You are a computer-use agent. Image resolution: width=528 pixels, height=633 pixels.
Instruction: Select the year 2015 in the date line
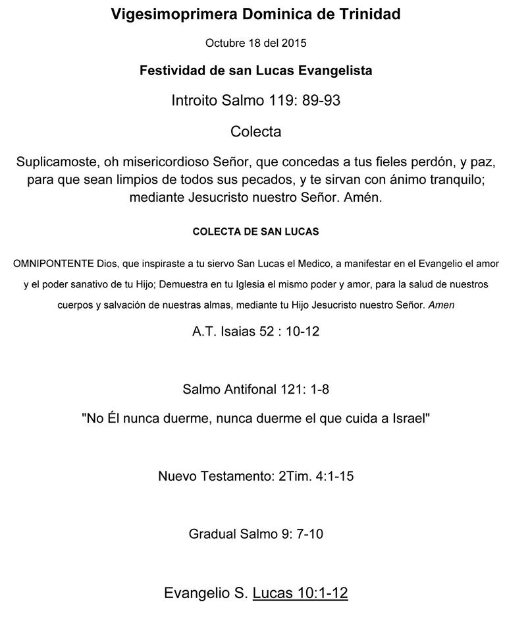point(294,44)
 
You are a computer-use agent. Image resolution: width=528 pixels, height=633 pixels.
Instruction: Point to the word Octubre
point(224,44)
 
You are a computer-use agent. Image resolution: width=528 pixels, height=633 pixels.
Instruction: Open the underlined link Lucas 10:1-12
point(300,593)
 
